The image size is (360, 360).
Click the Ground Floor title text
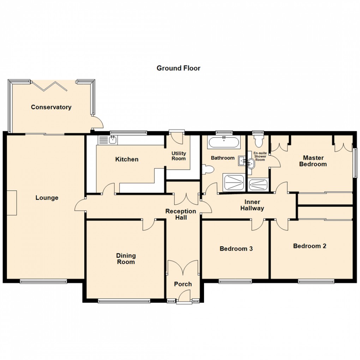pos(178,68)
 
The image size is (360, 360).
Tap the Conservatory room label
pos(51,107)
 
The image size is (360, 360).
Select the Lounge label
pos(47,198)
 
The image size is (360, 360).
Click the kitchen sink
pos(109,140)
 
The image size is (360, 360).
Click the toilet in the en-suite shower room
pos(258,141)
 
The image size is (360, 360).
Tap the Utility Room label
pos(179,156)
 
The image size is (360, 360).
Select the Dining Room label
pos(126,259)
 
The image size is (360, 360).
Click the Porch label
pos(183,284)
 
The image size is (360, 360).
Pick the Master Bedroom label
pos(313,161)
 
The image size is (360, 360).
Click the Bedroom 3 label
pos(236,248)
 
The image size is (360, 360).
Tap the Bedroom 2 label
pos(310,246)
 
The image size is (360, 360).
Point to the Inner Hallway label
pos(252,205)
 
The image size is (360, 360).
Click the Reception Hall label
pos(181,214)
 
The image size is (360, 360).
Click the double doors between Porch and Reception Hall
pos(183,268)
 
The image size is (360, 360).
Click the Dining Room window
pos(124,301)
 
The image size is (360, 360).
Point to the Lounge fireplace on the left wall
pos(11,203)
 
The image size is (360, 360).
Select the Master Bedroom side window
pos(355,162)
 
